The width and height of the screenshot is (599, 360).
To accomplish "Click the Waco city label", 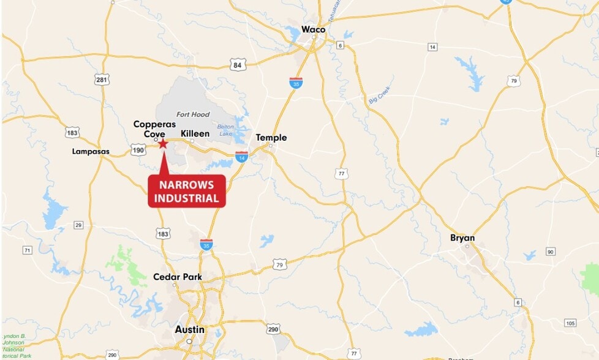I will pyautogui.click(x=314, y=29).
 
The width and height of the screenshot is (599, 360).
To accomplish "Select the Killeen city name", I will pyautogui.click(x=195, y=133).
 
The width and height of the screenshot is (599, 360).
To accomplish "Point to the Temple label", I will pyautogui.click(x=271, y=138).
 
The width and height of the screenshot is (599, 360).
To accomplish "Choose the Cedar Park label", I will pyautogui.click(x=178, y=277).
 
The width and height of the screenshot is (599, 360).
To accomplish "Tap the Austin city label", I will pyautogui.click(x=190, y=329).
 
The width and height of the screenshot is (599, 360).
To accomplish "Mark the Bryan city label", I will pyautogui.click(x=462, y=238).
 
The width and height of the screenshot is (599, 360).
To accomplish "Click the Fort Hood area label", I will pyautogui.click(x=193, y=114).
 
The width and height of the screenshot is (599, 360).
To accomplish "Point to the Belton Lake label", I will pyautogui.click(x=225, y=130).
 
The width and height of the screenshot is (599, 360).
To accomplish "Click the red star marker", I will pyautogui.click(x=164, y=143).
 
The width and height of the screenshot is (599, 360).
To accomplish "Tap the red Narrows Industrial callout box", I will pyautogui.click(x=187, y=190).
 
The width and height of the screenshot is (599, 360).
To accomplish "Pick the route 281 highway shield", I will pyautogui.click(x=102, y=80).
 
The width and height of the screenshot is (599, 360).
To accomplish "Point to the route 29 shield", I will pyautogui.click(x=78, y=225).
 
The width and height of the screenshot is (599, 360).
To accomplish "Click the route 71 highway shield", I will pyautogui.click(x=27, y=250).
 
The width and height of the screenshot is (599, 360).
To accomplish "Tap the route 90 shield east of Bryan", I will pyautogui.click(x=551, y=252).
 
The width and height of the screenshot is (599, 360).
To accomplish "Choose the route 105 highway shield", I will pyautogui.click(x=570, y=323).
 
